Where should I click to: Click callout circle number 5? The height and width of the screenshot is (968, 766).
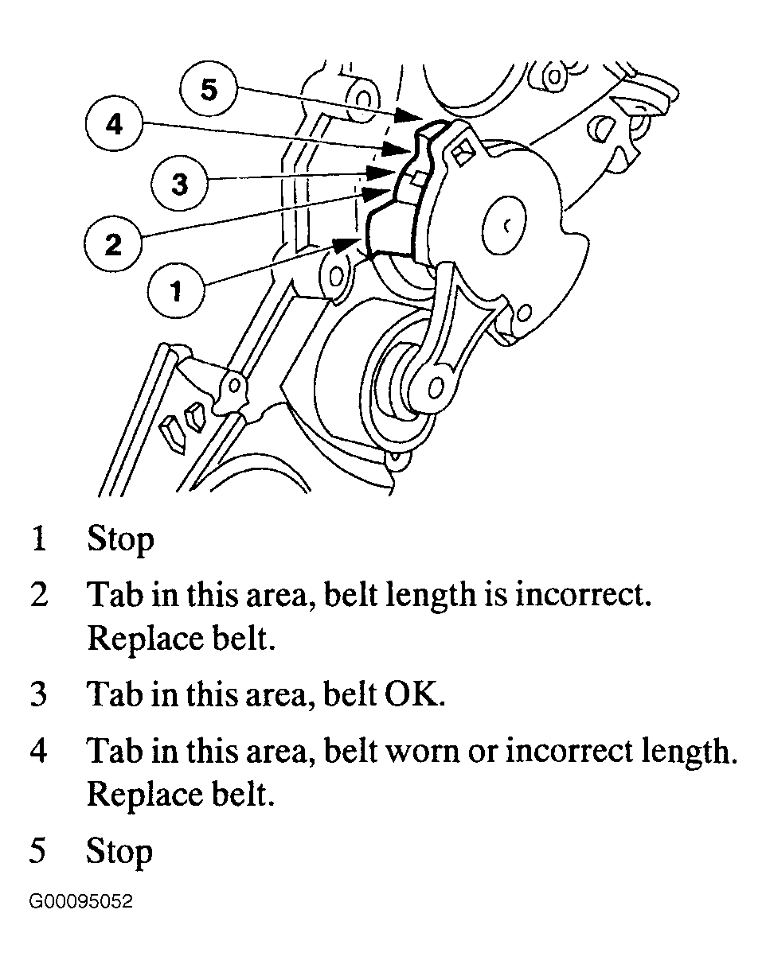[x=208, y=89]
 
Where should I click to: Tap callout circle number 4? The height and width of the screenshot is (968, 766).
[x=116, y=125]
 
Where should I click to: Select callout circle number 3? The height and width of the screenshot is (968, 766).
[x=180, y=185]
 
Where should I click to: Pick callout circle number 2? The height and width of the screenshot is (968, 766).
[x=114, y=243]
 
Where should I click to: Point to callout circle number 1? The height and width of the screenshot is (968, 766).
[x=176, y=291]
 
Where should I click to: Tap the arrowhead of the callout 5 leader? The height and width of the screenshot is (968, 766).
[x=410, y=117]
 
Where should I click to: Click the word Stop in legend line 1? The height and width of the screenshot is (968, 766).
[x=120, y=539]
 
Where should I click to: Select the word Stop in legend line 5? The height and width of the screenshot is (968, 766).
[x=119, y=851]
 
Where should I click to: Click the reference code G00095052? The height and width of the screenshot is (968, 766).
[x=81, y=902]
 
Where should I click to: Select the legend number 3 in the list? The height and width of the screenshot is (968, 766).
[x=38, y=694]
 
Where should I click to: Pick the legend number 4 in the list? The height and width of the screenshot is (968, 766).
[x=38, y=751]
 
